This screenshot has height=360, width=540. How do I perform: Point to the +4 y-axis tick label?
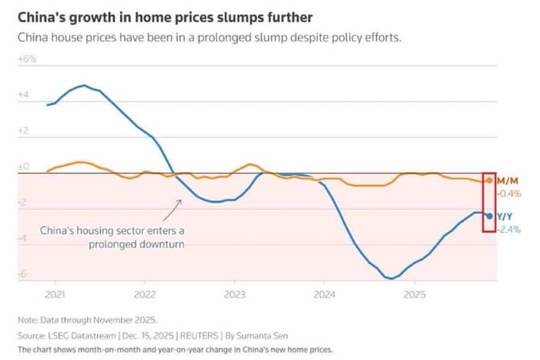coord(24,95)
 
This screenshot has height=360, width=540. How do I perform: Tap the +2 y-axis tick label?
coord(24,130)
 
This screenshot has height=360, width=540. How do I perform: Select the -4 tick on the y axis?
coord(24,238)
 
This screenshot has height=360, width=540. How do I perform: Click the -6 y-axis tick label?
coord(24,274)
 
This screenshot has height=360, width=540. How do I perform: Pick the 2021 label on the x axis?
coord(55,294)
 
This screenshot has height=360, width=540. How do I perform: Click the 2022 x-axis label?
coord(144,294)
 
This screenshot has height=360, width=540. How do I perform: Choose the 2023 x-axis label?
coord(233,294)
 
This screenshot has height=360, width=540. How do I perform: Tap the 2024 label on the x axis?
coord(323,294)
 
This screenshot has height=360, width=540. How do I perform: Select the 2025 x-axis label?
coord(413,294)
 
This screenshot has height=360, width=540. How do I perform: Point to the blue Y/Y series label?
coord(505,217)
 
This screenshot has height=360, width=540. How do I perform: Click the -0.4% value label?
coord(508,193)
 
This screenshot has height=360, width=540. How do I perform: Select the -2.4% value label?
coord(508,230)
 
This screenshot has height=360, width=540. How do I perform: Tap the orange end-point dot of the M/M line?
coord(489,181)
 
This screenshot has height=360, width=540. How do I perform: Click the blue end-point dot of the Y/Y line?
coord(489,216)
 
